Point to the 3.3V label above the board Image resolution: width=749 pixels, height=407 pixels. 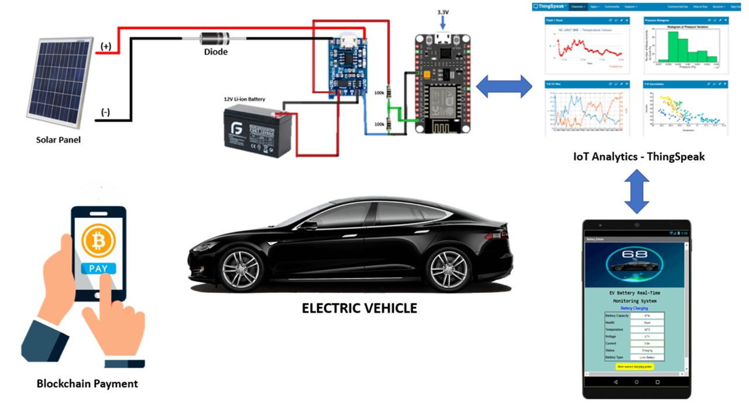pyautogui.click(x=444, y=12)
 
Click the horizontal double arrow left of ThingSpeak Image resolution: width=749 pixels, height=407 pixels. pyautogui.click(x=503, y=87)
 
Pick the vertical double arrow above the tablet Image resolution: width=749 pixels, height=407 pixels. pyautogui.click(x=637, y=191)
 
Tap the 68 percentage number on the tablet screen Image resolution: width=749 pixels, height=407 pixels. pyautogui.click(x=636, y=256)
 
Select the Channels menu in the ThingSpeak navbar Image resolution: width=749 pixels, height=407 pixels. pyautogui.click(x=578, y=6)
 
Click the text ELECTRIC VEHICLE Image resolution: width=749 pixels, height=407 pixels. pyautogui.click(x=359, y=308)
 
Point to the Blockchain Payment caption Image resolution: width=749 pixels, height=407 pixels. pyautogui.click(x=87, y=384)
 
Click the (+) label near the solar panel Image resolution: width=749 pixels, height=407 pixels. pyautogui.click(x=106, y=46)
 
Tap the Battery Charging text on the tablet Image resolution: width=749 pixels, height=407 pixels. pyautogui.click(x=634, y=307)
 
